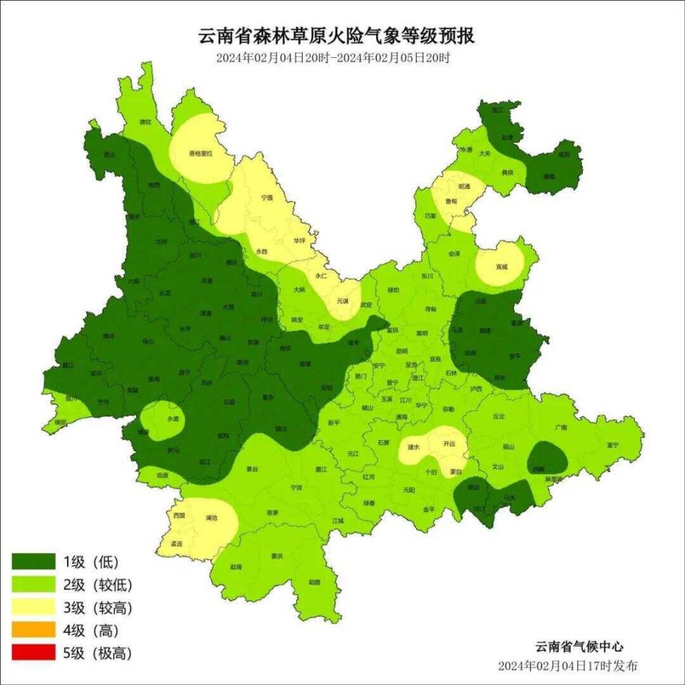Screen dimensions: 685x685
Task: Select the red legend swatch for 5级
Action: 34,652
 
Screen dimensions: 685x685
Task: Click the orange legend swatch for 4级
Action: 34,630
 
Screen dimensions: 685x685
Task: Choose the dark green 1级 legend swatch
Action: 34,562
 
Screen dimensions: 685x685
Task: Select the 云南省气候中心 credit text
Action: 579,646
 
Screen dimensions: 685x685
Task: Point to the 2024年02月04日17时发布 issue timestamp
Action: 568,666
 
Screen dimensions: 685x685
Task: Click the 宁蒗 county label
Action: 267,197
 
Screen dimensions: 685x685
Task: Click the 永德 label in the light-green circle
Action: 173,419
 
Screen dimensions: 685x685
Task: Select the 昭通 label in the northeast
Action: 464,186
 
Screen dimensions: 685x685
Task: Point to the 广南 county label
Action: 560,427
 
